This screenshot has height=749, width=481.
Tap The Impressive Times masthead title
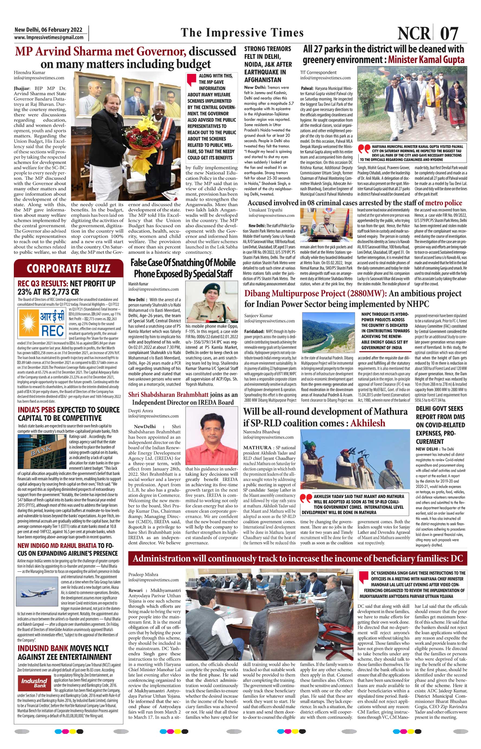[x=242, y=33]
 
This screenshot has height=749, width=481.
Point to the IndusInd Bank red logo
[x=34, y=683]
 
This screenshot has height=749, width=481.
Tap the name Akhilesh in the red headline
[x=368, y=423]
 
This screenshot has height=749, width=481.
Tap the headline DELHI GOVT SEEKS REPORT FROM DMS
[x=440, y=424]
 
